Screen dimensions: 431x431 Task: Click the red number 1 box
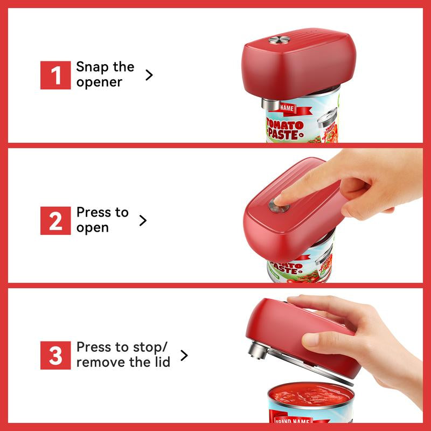pyautogui.click(x=55, y=75)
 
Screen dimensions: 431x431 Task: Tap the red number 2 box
pyautogui.click(x=55, y=220)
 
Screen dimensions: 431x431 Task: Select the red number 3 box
pyautogui.click(x=55, y=354)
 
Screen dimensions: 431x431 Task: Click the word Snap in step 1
pyautogui.click(x=89, y=67)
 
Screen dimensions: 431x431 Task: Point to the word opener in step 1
pyautogui.click(x=99, y=82)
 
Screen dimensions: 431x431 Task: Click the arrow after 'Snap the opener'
pyautogui.click(x=149, y=75)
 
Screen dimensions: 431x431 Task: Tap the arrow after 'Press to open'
pyautogui.click(x=143, y=220)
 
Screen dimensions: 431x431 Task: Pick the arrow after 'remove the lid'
pyautogui.click(x=184, y=355)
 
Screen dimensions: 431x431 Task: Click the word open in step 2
pyautogui.click(x=92, y=228)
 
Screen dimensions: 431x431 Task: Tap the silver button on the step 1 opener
pyautogui.click(x=279, y=40)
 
